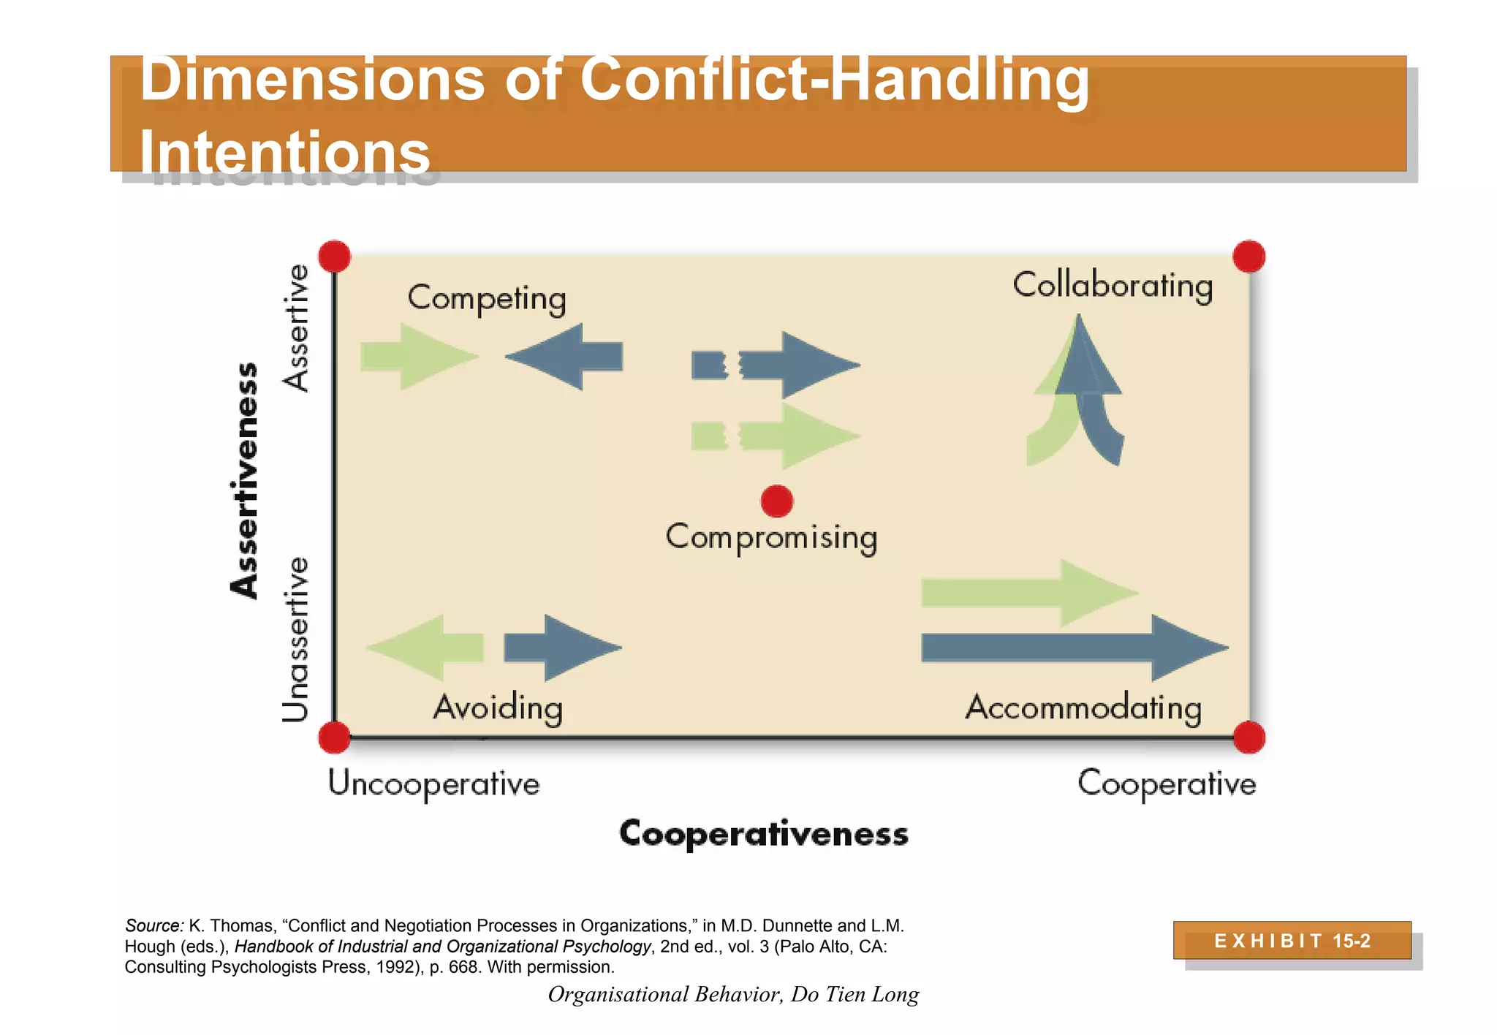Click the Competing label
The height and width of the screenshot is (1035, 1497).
[487, 298]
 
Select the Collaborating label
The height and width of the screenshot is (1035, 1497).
[1112, 285]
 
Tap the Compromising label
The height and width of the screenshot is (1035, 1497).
[771, 537]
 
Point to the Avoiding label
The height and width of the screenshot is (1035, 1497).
[498, 708]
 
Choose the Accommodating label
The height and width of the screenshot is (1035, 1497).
[1083, 708]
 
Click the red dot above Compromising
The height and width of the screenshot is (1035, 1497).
[776, 501]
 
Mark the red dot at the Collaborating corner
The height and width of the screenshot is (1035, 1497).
[1248, 257]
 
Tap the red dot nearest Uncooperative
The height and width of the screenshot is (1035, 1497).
[335, 737]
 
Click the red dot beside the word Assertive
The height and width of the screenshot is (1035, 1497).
[335, 257]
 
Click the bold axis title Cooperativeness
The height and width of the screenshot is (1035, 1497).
[764, 833]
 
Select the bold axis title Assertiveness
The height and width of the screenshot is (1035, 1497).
[244, 480]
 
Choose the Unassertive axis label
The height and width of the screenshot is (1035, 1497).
[295, 640]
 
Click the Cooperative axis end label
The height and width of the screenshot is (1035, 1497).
[1167, 784]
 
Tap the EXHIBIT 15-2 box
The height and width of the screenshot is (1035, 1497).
[1292, 941]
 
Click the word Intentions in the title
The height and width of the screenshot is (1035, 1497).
[285, 153]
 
